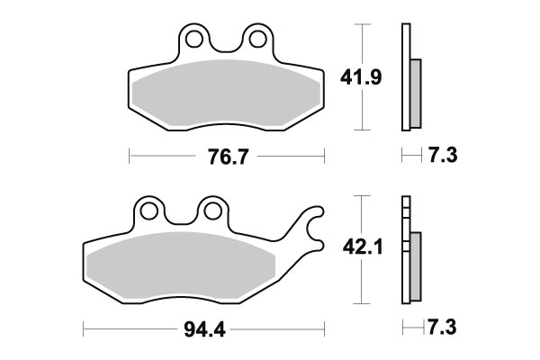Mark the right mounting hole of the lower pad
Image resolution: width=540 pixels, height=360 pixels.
pyautogui.click(x=212, y=211)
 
